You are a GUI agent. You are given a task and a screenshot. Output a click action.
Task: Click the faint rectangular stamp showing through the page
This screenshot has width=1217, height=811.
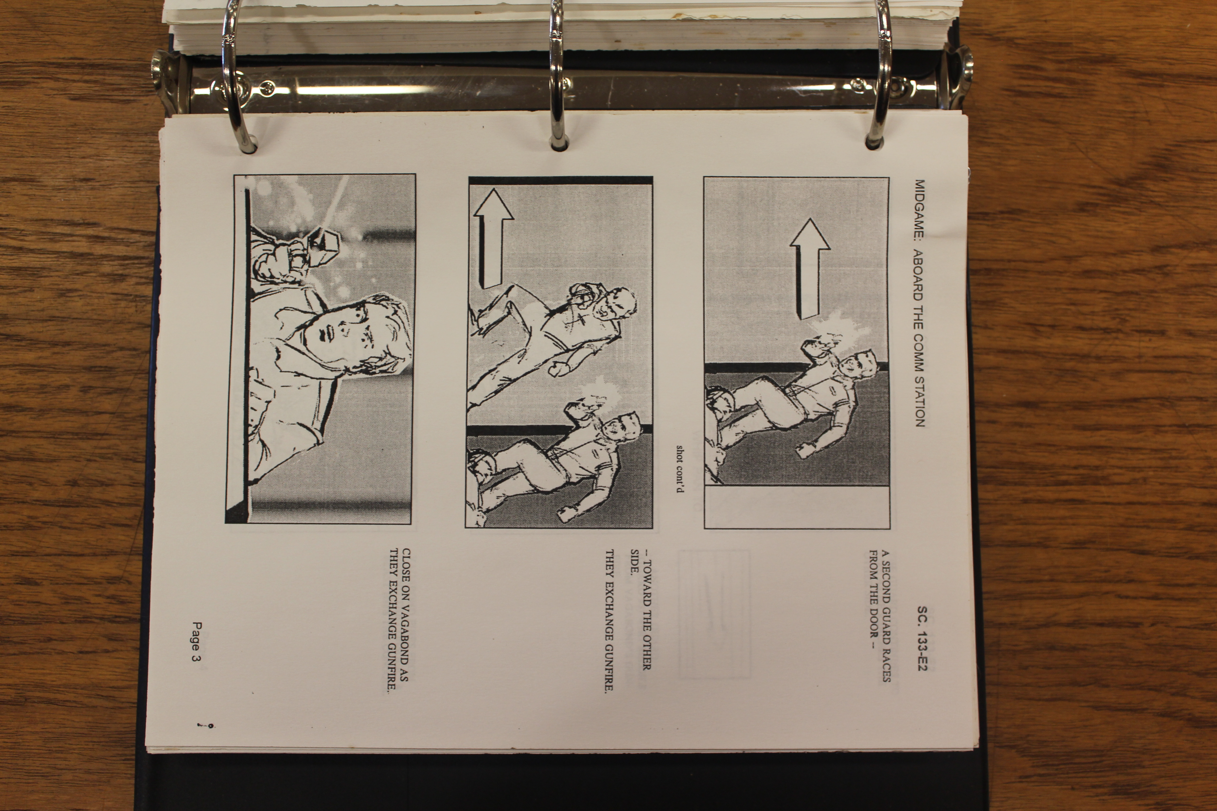(x=714, y=614)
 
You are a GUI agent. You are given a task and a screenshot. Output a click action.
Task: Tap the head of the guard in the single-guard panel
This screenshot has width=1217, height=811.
(x=859, y=365)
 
